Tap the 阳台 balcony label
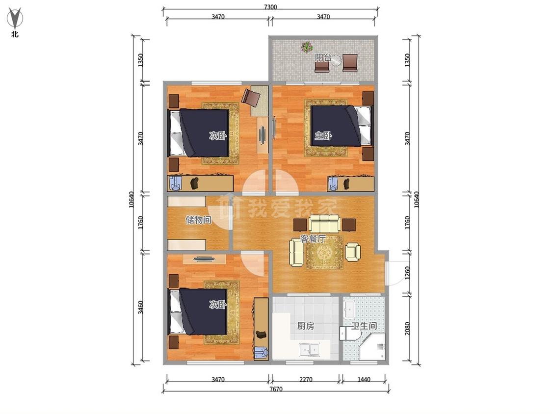click(x=323, y=57)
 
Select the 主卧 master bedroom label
click(x=323, y=135)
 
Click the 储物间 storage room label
click(x=198, y=220)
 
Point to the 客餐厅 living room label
click(x=313, y=239)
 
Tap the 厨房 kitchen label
click(x=305, y=326)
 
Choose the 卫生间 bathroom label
click(x=364, y=326)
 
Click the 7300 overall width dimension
click(x=270, y=7)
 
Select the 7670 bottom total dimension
click(x=276, y=389)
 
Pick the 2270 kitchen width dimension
click(x=306, y=380)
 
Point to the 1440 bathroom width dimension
click(x=364, y=380)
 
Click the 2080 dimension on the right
click(x=407, y=329)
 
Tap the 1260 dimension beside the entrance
click(x=407, y=273)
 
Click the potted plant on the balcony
click(x=307, y=47)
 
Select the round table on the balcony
click(x=336, y=60)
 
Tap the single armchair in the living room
click(x=353, y=252)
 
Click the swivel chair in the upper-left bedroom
click(x=251, y=97)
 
